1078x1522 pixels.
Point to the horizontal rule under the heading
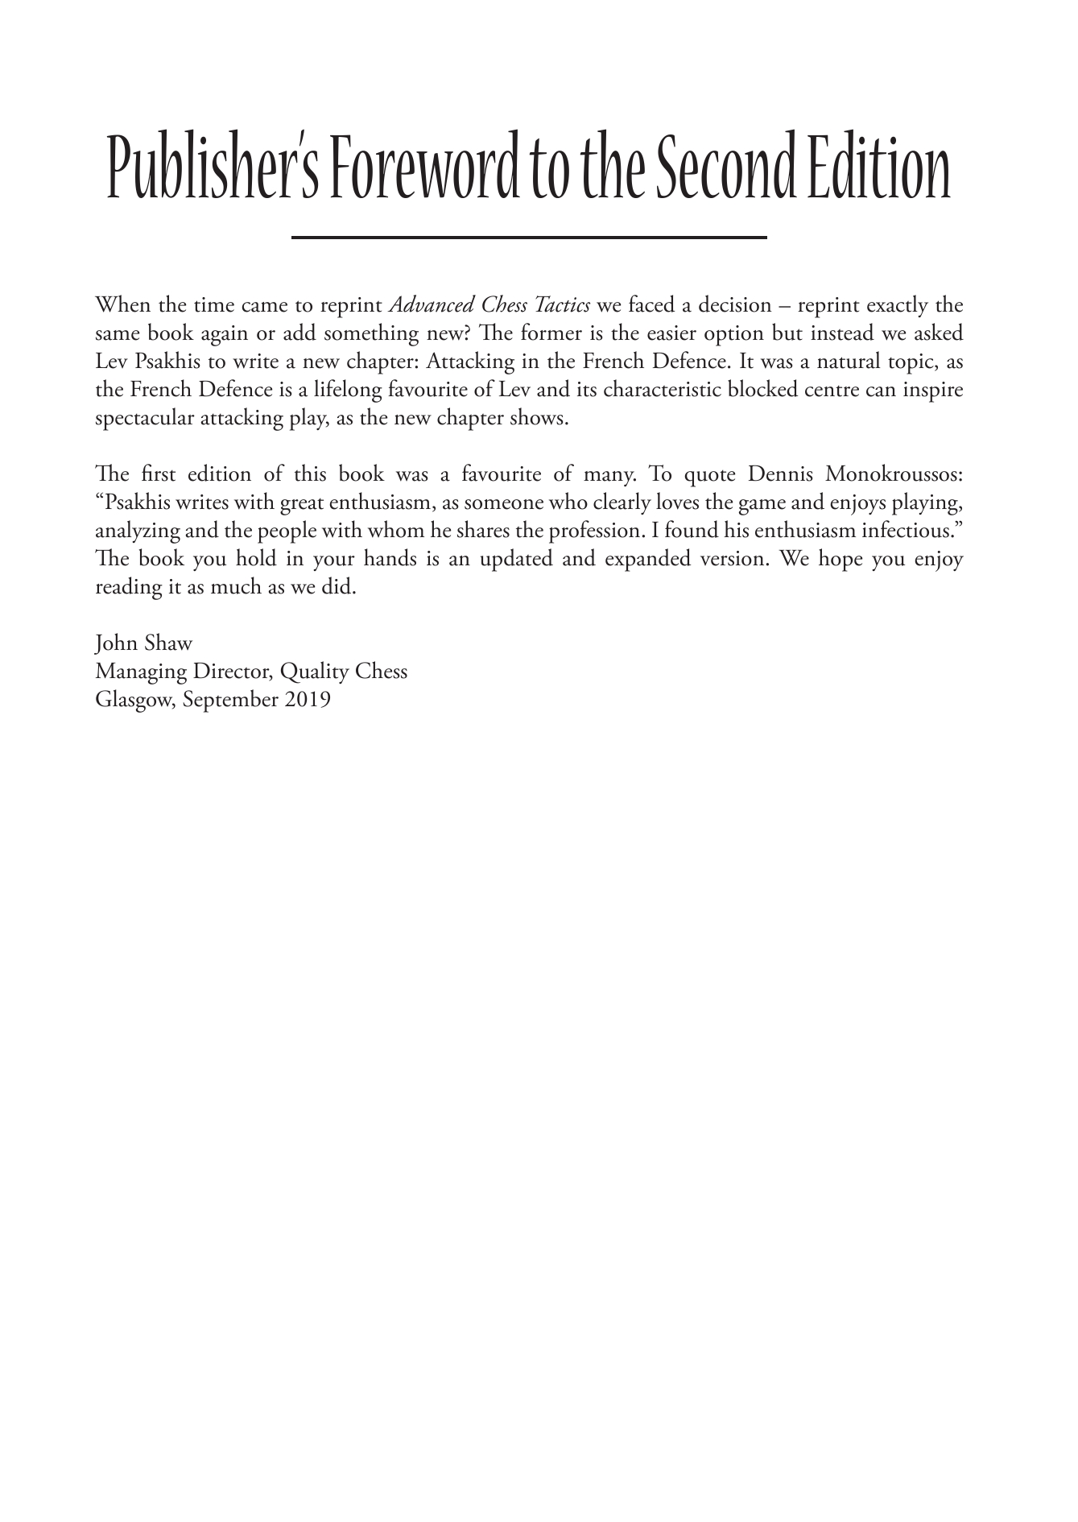pyautogui.click(x=528, y=237)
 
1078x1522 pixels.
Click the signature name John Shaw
pyautogui.click(x=143, y=643)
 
